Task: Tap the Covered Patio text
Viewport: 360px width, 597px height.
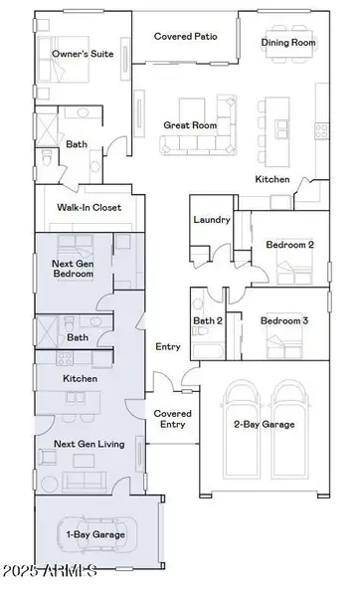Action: coord(185,36)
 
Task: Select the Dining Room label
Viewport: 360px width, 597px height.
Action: coord(288,43)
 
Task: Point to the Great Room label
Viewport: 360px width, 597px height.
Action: coord(189,125)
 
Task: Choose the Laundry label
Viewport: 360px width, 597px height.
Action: coord(213,219)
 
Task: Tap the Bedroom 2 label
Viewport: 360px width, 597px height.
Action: coord(289,244)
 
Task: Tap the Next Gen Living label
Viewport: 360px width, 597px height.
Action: coord(88,444)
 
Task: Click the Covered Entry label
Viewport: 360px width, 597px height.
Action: coord(172,418)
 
